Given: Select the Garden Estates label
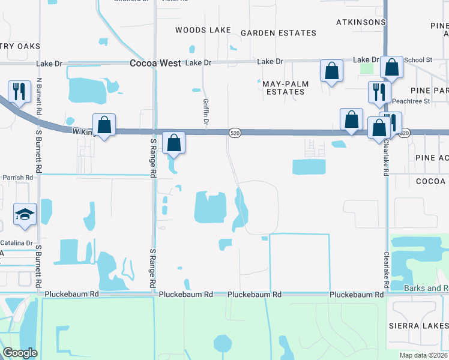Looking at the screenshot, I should pos(278,33).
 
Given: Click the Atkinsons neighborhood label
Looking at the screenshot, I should pos(360,22).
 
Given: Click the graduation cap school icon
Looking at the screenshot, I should pos(25,215).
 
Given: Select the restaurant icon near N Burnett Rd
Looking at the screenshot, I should pos(19,92).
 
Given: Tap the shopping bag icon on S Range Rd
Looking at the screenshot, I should pos(173,143).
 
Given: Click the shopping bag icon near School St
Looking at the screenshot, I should pos(391,69).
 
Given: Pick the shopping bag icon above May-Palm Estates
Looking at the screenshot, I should pos(331,71).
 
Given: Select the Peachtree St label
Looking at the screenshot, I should pos(411,101).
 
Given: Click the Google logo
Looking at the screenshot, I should pos(20,353).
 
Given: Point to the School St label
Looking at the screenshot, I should pos(418,60).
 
